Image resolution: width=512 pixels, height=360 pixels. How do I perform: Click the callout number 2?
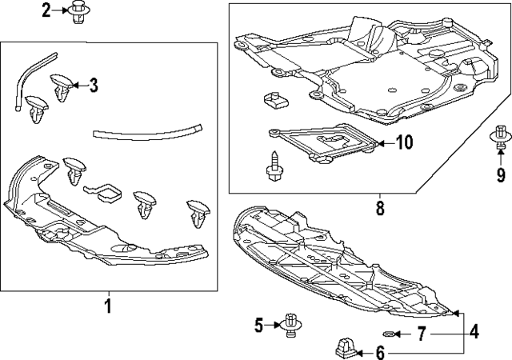click(46, 10)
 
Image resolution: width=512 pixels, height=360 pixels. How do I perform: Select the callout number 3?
click(94, 86)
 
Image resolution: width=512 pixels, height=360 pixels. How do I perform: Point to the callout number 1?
click(108, 306)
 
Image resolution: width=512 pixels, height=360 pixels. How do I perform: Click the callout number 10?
click(404, 142)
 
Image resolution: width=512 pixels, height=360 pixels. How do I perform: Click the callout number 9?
click(501, 174)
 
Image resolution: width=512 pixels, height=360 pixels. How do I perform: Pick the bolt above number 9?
click(499, 138)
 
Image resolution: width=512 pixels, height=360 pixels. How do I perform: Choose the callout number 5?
click(258, 326)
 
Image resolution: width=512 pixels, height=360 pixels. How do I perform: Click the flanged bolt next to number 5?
click(290, 325)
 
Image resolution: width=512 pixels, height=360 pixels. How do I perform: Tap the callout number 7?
click(422, 334)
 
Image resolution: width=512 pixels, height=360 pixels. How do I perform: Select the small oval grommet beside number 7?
click(388, 334)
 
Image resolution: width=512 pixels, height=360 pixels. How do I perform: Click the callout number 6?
click(380, 353)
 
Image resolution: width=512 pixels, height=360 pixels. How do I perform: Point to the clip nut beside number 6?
click(346, 348)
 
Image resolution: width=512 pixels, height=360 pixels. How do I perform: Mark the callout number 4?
click(474, 331)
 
